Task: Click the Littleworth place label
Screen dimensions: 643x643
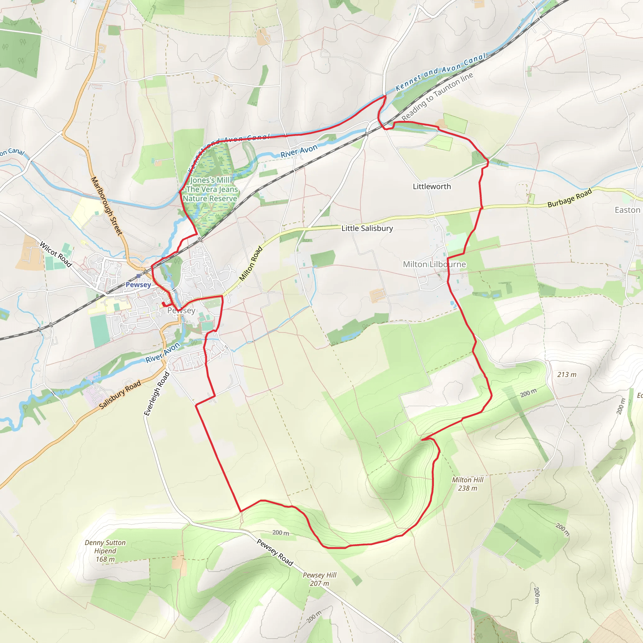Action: point(432,187)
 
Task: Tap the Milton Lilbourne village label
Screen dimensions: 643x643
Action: point(434,264)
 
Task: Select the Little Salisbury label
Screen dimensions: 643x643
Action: point(367,228)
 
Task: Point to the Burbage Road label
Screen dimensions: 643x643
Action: point(570,198)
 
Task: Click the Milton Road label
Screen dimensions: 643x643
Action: point(251,264)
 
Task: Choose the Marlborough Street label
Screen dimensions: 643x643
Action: point(106,206)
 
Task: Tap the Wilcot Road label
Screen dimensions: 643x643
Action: point(56,254)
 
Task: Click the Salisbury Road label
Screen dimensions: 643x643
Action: point(120,395)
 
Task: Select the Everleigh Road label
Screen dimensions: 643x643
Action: point(157,394)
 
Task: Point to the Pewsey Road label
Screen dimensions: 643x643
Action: point(275,553)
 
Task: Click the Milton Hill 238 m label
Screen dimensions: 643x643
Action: point(467,484)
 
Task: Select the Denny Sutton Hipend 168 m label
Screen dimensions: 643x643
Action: point(105,551)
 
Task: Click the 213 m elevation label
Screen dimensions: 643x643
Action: point(567,375)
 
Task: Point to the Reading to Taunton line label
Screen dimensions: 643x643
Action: point(437,96)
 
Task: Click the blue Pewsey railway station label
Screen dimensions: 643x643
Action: point(138,284)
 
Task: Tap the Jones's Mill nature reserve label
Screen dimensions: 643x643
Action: point(210,189)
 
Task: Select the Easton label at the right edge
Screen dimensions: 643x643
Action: point(627,210)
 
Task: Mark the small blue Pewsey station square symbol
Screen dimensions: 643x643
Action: point(138,276)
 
